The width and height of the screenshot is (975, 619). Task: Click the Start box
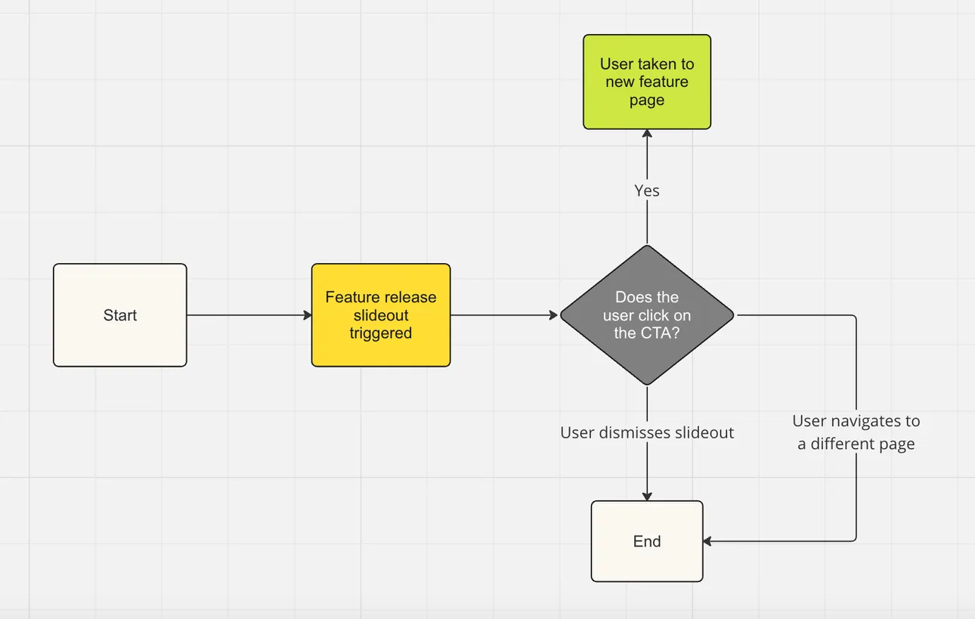119,315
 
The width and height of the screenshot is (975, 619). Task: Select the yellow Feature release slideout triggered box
381,315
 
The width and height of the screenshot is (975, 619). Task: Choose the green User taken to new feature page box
647,82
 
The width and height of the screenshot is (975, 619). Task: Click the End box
647,541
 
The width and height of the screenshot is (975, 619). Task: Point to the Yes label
647,190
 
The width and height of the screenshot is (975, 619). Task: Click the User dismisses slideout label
647,432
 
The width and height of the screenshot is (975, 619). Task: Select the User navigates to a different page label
856,432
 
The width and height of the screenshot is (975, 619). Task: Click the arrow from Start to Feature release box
249,315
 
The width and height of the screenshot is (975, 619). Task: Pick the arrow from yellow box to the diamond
503,315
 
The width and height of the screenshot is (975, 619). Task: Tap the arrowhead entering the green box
647,134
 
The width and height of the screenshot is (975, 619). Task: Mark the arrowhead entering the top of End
647,496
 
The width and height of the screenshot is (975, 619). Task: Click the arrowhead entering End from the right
708,541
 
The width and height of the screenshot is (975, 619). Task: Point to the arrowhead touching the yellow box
307,315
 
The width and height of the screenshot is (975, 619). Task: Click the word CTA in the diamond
657,333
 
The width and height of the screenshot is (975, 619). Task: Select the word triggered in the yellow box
381,333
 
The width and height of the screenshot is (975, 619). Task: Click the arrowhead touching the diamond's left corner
554,315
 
